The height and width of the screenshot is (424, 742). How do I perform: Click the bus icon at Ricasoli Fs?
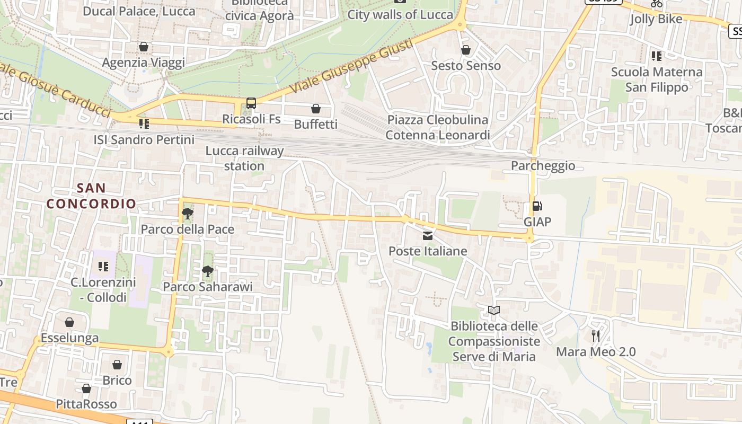pyautogui.click(x=251, y=103)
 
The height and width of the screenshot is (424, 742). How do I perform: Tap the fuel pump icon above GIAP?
pyautogui.click(x=537, y=206)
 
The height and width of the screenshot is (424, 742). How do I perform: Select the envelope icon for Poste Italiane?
pyautogui.click(x=428, y=235)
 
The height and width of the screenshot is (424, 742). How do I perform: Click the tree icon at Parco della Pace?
pyautogui.click(x=187, y=214)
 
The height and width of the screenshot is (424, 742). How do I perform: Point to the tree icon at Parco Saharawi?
pyautogui.click(x=208, y=271)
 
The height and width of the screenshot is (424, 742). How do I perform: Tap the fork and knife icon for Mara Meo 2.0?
pyautogui.click(x=596, y=335)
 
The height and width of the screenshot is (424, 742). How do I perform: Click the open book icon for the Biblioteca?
pyautogui.click(x=494, y=310)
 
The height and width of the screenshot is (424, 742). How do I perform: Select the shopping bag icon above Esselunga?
pyautogui.click(x=69, y=322)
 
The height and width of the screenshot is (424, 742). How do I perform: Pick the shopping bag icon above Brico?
pyautogui.click(x=117, y=365)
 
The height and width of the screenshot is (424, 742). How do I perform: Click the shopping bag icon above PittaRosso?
pyautogui.click(x=86, y=389)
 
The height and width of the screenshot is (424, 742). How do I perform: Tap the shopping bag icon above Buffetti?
pyautogui.click(x=316, y=109)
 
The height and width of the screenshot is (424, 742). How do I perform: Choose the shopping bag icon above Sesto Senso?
pyautogui.click(x=466, y=50)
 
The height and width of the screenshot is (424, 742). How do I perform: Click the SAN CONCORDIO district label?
pyautogui.click(x=91, y=196)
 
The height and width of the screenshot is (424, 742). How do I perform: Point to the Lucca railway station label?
pyautogui.click(x=244, y=158)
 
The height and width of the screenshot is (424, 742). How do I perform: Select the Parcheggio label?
pyautogui.click(x=543, y=166)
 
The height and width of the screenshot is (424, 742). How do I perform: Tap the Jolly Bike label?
pyautogui.click(x=656, y=20)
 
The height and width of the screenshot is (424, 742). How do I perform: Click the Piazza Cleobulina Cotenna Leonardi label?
pyautogui.click(x=438, y=127)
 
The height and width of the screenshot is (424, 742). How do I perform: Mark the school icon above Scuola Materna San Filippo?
pyautogui.click(x=657, y=56)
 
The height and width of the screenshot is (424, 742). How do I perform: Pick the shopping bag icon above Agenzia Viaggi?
pyautogui.click(x=143, y=47)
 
